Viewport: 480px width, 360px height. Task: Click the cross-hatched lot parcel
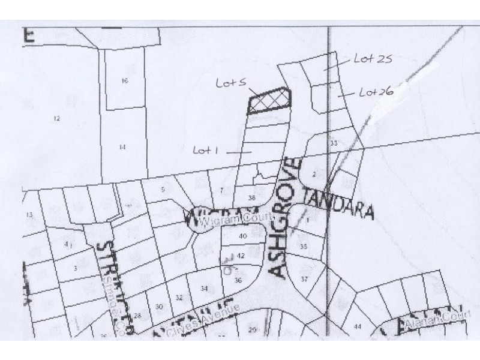click(x=269, y=101)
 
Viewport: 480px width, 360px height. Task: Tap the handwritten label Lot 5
click(x=229, y=85)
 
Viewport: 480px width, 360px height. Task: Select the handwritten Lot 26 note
click(x=376, y=92)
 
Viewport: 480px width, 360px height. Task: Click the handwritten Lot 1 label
click(x=205, y=150)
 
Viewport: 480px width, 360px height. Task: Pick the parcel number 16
click(x=125, y=80)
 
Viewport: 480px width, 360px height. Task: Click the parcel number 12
click(x=57, y=119)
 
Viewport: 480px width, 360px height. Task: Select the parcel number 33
click(x=334, y=143)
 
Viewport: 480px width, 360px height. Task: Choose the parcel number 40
click(x=243, y=236)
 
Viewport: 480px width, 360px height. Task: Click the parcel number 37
click(x=304, y=279)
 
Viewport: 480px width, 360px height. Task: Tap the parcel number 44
click(x=358, y=326)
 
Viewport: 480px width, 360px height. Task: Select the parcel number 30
click(x=159, y=307)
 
